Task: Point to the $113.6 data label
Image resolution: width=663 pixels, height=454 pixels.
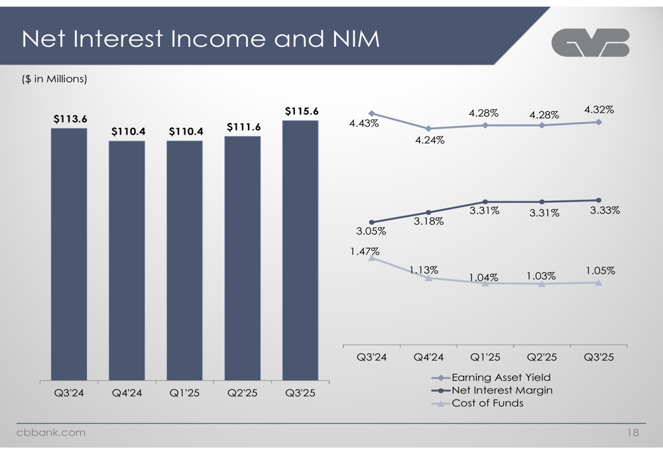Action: (70, 119)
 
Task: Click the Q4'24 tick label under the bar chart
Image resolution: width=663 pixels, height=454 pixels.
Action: (127, 392)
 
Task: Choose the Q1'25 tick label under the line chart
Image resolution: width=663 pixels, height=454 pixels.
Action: (485, 357)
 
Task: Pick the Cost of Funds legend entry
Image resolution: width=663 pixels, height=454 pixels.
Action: (487, 402)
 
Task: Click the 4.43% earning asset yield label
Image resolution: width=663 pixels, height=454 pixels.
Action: (365, 123)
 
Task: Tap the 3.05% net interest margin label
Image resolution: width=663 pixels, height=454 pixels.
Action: (372, 231)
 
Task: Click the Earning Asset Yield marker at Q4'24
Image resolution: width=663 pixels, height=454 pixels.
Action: (429, 129)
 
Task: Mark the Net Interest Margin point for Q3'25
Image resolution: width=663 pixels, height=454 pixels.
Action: (599, 200)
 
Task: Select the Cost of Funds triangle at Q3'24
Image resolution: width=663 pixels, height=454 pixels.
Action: (372, 258)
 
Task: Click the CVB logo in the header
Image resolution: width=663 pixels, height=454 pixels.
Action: (590, 44)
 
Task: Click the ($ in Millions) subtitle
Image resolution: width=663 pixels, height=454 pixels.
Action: (54, 79)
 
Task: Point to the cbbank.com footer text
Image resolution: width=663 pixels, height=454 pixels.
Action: (50, 433)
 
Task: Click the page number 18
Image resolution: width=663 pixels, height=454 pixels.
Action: (633, 433)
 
